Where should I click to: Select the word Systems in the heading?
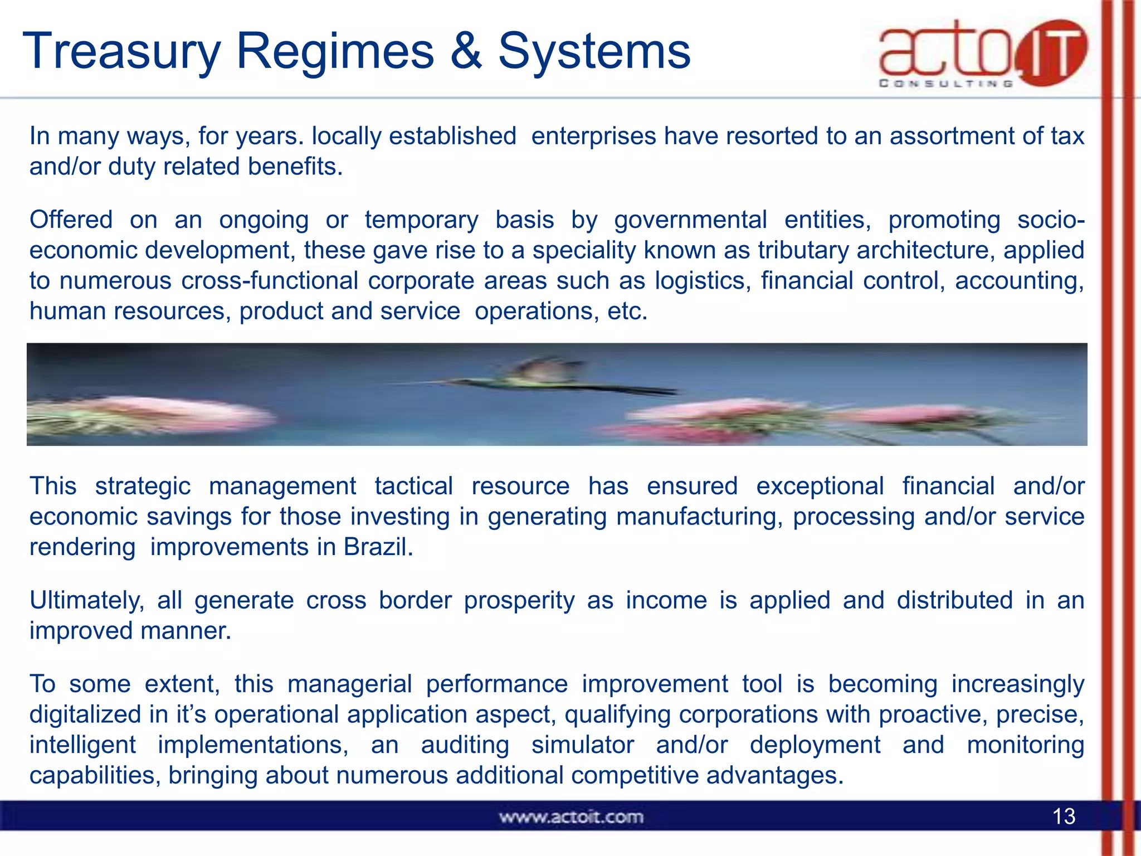coord(594,51)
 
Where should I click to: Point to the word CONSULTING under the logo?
coord(945,84)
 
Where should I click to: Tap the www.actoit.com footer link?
coord(571,817)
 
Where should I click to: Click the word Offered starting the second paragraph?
coord(71,220)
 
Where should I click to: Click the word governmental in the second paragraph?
coord(690,220)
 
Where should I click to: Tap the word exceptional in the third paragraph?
coord(820,486)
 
